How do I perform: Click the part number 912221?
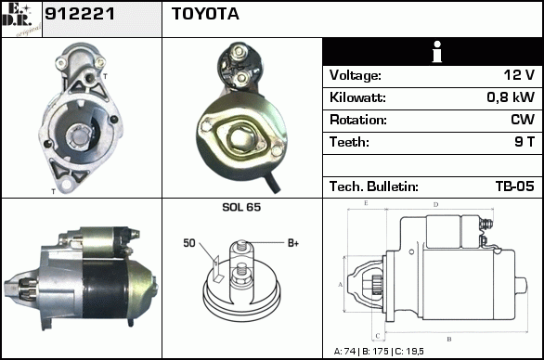(x=80, y=14)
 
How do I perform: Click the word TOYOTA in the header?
(x=205, y=14)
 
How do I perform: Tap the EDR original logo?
(x=21, y=19)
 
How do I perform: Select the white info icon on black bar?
(x=437, y=52)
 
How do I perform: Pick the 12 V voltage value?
(x=519, y=74)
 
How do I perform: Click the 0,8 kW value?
(x=511, y=97)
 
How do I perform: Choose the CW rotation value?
(x=523, y=120)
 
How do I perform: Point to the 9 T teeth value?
(x=525, y=142)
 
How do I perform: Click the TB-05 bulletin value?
(x=515, y=186)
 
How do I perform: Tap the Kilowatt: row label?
(x=357, y=97)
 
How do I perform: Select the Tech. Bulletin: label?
(x=374, y=186)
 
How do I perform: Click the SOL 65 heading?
(x=241, y=207)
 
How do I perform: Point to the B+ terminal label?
(x=293, y=243)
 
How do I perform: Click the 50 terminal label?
(x=189, y=243)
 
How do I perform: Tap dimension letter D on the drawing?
(x=435, y=205)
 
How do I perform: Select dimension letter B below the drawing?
(x=449, y=340)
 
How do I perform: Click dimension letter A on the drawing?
(x=340, y=285)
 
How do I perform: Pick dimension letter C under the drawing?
(x=378, y=336)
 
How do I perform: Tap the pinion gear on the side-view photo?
(x=28, y=288)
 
